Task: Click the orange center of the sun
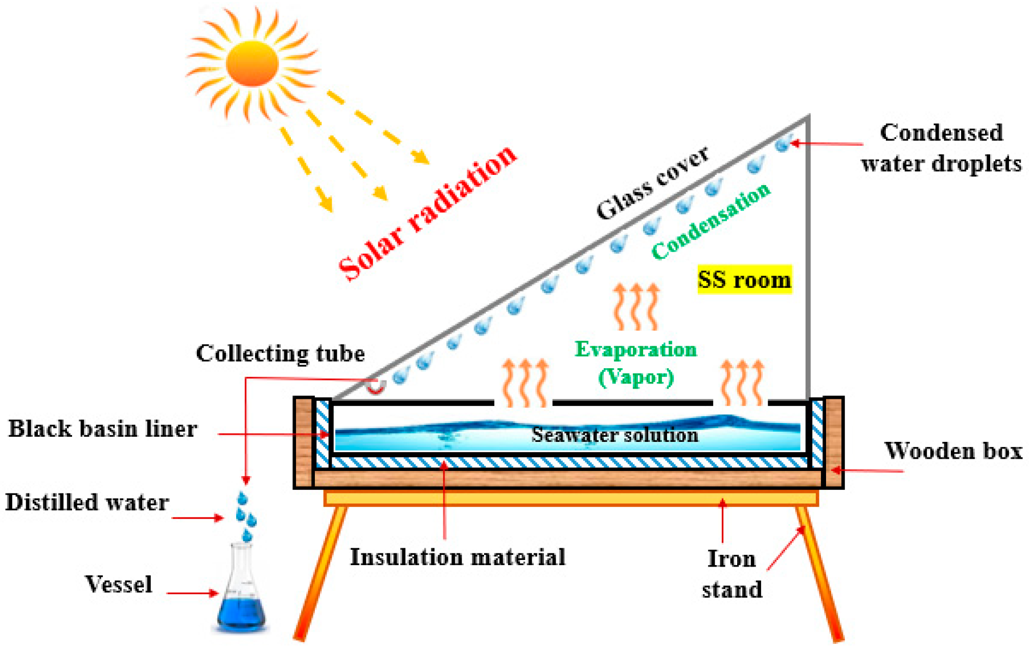(x=252, y=63)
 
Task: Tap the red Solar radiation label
(x=427, y=214)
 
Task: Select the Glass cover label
(x=653, y=183)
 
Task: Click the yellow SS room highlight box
(x=744, y=280)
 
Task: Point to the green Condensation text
(x=711, y=222)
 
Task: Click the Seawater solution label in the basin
(x=614, y=435)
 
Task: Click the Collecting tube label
(x=280, y=353)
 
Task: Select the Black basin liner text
(x=103, y=429)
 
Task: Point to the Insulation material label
(x=458, y=557)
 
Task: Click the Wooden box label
(x=953, y=451)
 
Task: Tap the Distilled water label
(x=87, y=502)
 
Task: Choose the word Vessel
(x=119, y=584)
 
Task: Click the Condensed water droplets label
(x=941, y=148)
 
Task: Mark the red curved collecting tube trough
(x=376, y=389)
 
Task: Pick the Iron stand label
(x=731, y=574)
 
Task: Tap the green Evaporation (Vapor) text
(x=636, y=363)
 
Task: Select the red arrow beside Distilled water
(x=197, y=518)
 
